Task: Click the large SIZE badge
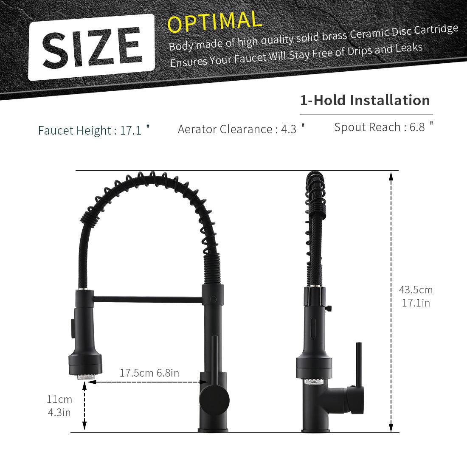(x=91, y=47)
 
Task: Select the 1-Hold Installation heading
(x=365, y=101)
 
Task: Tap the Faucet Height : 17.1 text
(x=94, y=130)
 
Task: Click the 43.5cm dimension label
(x=416, y=290)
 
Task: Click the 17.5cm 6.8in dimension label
(x=149, y=373)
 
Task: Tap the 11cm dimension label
(x=59, y=399)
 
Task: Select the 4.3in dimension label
(x=59, y=412)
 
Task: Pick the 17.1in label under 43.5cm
(x=416, y=303)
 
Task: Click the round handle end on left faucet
(x=214, y=400)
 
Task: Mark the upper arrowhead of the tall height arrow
(x=391, y=176)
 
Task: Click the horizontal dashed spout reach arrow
(x=144, y=382)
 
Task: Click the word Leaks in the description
(x=408, y=48)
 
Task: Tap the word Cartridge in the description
(x=439, y=30)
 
